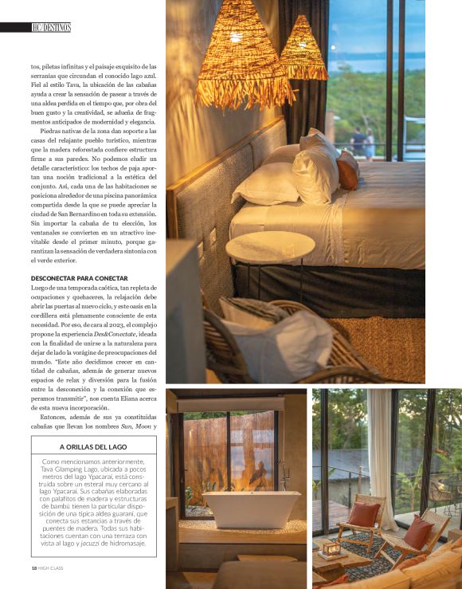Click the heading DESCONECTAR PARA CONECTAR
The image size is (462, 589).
click(72, 278)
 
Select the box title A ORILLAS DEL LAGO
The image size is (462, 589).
click(88, 447)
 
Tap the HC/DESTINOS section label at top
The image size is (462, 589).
click(52, 27)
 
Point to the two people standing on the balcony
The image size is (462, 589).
click(363, 143)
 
